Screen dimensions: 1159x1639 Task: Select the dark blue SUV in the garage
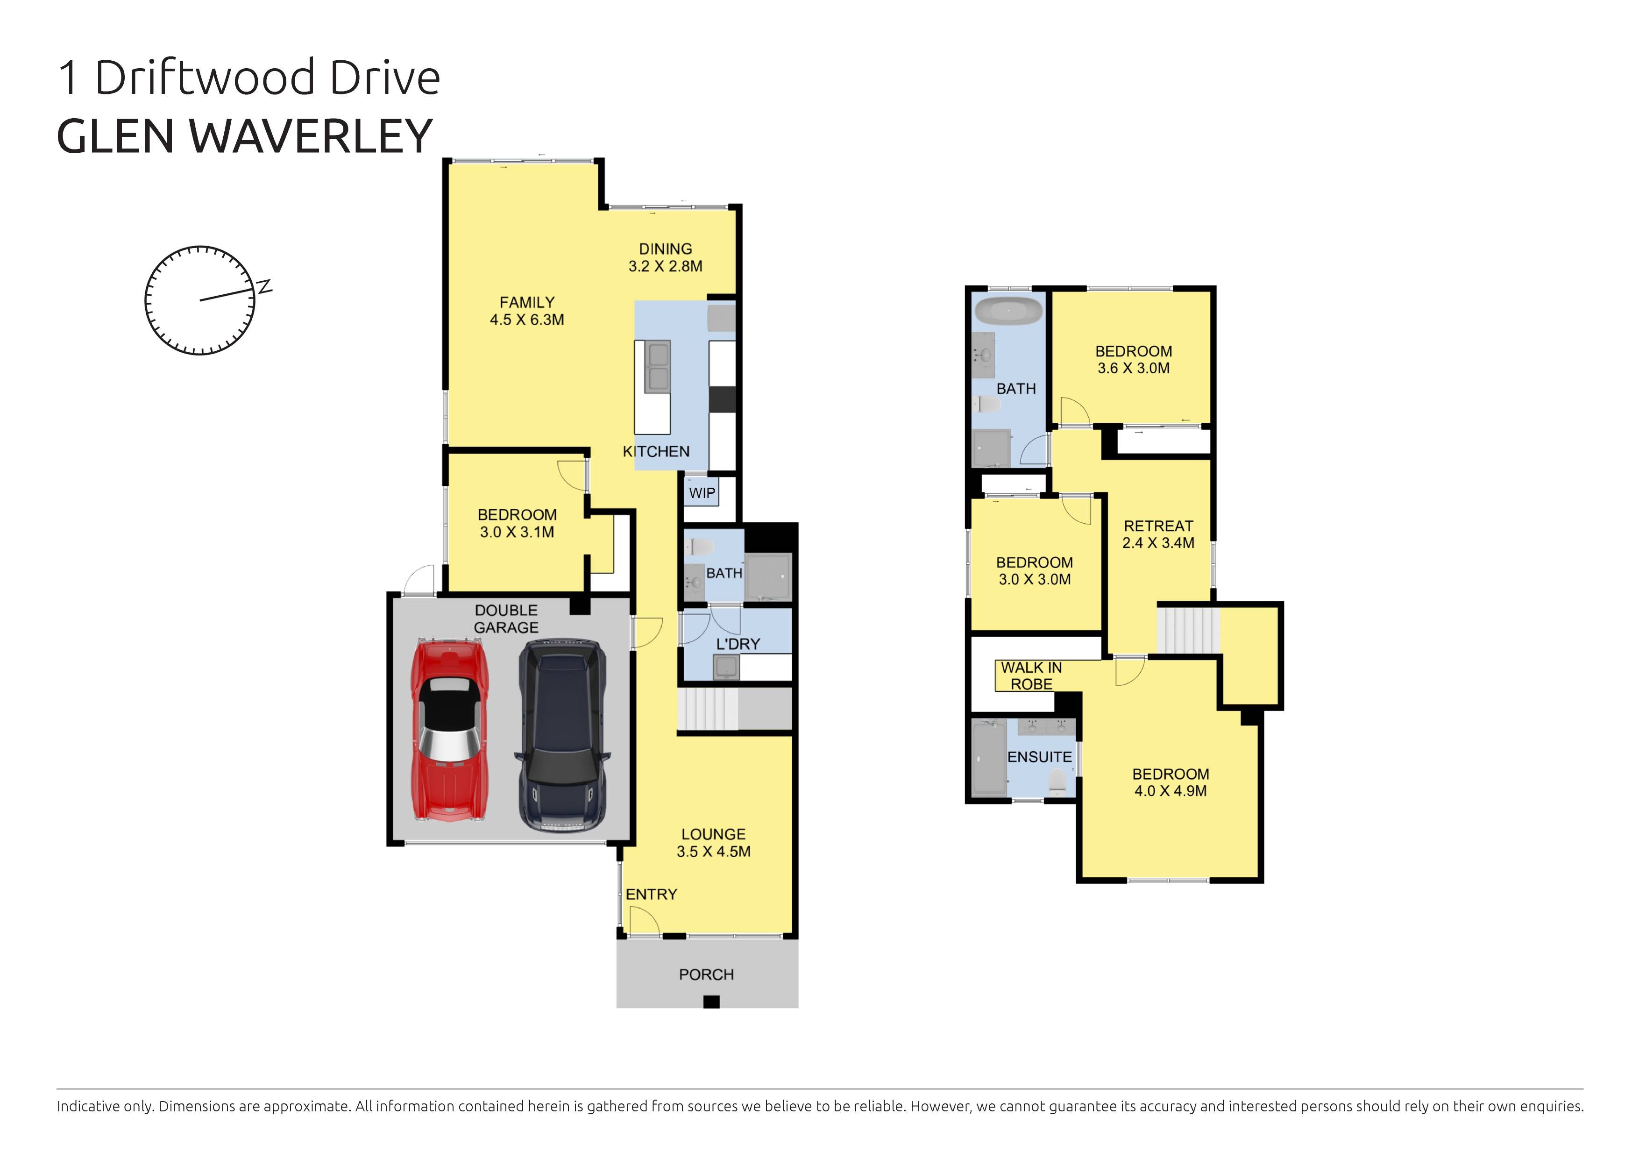pos(562,736)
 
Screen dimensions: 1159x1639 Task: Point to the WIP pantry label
pos(702,493)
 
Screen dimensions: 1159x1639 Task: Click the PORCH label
pos(706,974)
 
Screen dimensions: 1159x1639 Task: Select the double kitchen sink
pos(657,366)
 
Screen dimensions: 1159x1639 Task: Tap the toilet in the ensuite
pos(1058,783)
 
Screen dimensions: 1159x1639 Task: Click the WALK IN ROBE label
pos(1031,675)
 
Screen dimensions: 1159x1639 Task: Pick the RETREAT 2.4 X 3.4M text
pos(1158,534)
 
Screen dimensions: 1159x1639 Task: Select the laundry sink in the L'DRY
pos(726,667)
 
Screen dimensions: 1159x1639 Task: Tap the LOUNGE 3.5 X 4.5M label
pos(713,843)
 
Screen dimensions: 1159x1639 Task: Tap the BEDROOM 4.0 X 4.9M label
pos(1170,782)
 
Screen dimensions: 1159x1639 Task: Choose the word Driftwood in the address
pos(204,78)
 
